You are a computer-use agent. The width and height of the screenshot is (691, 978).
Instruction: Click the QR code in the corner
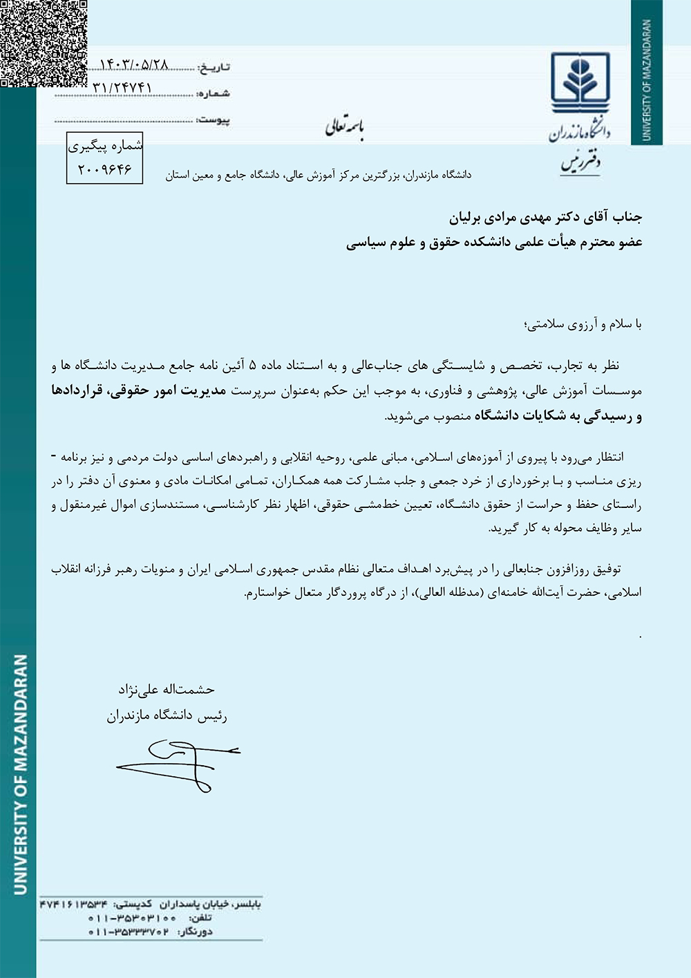[43, 43]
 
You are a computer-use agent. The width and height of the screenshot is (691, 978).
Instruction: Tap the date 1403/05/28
[134, 64]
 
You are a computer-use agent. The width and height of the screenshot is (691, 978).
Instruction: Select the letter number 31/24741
[122, 88]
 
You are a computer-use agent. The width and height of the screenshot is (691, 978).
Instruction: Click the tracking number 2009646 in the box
[104, 169]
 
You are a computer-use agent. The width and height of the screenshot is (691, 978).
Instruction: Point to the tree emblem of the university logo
[580, 80]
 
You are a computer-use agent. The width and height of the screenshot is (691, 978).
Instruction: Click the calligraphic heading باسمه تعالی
[344, 126]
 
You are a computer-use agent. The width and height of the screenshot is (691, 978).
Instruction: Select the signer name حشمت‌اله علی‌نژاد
[166, 689]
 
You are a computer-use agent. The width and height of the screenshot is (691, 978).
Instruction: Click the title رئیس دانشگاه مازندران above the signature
[167, 716]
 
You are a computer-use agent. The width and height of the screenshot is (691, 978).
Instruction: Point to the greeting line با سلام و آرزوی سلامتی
[583, 324]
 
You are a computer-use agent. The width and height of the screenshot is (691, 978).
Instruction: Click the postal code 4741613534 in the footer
[74, 904]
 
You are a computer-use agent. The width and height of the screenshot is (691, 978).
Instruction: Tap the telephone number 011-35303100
[132, 918]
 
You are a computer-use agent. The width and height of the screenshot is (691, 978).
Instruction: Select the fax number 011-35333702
[129, 932]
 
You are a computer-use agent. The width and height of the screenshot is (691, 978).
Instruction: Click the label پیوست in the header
[213, 120]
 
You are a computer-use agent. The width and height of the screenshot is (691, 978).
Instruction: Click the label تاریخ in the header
[214, 67]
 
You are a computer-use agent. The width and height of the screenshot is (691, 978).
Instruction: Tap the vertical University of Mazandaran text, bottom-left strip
[21, 774]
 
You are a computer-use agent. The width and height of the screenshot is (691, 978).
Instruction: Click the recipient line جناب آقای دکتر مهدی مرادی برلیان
[545, 218]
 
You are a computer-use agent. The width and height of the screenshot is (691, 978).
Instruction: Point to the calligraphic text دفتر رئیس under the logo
[580, 162]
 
